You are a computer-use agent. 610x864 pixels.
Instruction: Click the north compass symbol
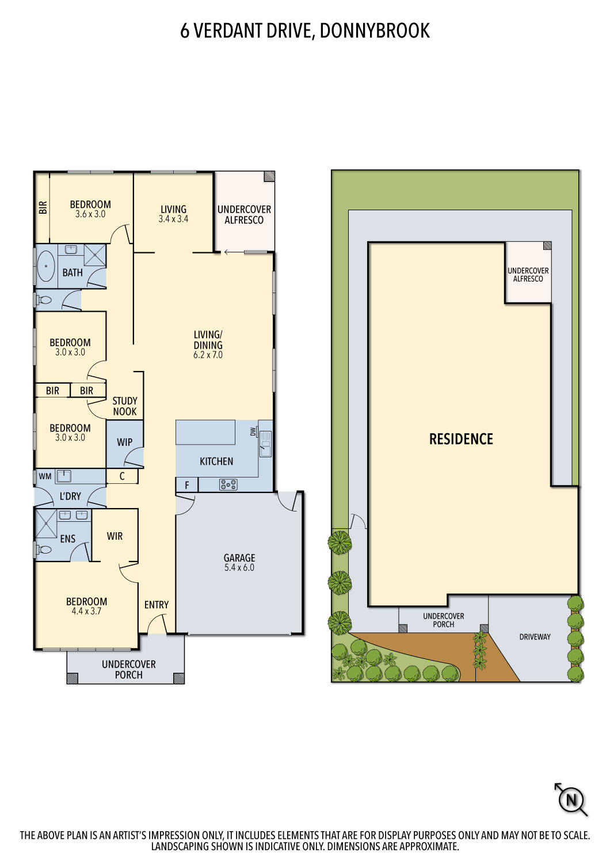[571, 799]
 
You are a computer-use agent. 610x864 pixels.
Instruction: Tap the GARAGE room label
[239, 558]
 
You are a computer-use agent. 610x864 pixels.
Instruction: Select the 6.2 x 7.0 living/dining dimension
[208, 355]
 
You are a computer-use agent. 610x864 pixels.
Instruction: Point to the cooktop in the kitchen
[228, 485]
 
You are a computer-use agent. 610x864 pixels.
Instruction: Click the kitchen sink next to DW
[265, 444]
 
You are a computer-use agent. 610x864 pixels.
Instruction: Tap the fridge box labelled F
[186, 486]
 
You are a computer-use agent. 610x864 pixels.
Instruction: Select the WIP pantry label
[124, 442]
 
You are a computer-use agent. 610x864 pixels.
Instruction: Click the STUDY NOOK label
[125, 406]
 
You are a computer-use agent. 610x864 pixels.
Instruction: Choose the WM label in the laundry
[45, 476]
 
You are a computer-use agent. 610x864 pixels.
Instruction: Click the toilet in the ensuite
[44, 550]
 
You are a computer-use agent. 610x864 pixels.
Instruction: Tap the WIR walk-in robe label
[115, 536]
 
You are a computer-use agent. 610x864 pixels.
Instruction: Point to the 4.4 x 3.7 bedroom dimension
[86, 611]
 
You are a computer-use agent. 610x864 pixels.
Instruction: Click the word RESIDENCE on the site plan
[461, 439]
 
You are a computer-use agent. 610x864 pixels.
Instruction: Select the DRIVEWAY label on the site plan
[535, 636]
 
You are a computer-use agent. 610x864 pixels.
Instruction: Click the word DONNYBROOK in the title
[374, 31]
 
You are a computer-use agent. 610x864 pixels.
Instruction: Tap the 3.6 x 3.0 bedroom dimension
[90, 214]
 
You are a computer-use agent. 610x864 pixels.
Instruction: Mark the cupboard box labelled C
[122, 476]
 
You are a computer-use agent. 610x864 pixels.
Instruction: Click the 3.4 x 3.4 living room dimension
[173, 219]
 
